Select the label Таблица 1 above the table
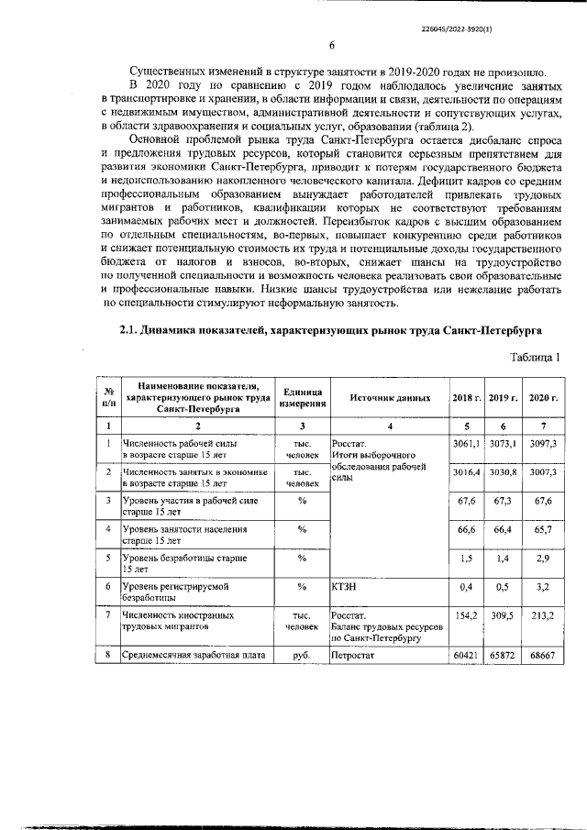pyautogui.click(x=529, y=356)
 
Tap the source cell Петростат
pyautogui.click(x=354, y=658)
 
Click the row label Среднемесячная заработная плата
pyautogui.click(x=192, y=658)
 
